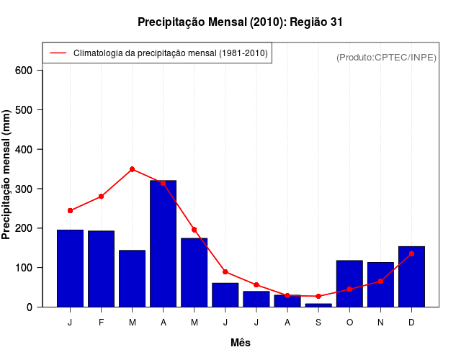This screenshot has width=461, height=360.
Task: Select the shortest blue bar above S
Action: (318, 305)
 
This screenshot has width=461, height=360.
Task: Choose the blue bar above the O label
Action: (349, 284)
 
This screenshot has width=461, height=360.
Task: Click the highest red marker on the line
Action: (132, 169)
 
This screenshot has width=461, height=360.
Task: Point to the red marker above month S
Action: (318, 296)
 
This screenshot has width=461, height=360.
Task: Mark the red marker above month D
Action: (411, 253)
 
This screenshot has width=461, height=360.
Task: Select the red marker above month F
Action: (101, 197)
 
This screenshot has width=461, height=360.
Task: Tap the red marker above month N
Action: (380, 281)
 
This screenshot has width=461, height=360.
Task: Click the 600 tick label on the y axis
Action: (24, 71)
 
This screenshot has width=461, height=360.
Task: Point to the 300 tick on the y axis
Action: (24, 189)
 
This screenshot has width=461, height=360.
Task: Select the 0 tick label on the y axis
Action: (30, 307)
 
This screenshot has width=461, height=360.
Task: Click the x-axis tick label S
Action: (318, 322)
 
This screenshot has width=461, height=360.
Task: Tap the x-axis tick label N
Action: (380, 322)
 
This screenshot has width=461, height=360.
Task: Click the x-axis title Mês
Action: (241, 343)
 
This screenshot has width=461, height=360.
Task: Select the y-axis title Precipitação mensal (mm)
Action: (7, 175)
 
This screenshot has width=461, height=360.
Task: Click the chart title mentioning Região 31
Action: (240, 22)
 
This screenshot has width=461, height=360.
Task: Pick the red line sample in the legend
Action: (58, 53)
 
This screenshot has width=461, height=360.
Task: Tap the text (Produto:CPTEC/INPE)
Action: (387, 57)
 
